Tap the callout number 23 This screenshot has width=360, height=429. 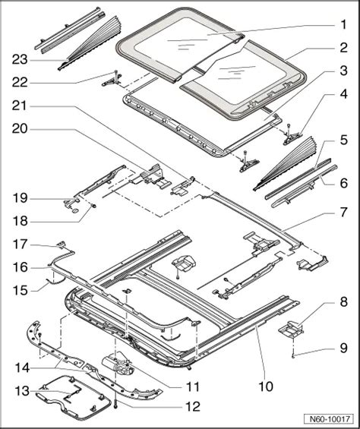point(20,59)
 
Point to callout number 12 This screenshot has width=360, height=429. point(193,407)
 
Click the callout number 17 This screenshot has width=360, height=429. point(20,244)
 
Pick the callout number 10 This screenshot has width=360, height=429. point(266,386)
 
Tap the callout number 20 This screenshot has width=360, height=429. point(20,129)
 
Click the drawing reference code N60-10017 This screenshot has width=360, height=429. point(330,419)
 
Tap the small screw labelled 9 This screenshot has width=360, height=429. point(293,355)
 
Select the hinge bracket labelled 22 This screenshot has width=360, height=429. point(112,81)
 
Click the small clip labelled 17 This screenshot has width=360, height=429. point(62,244)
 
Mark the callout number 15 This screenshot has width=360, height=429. point(20,290)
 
